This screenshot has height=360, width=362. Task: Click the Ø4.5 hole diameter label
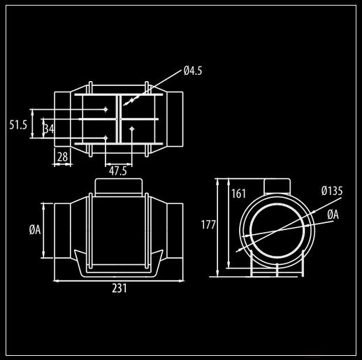(x=193, y=71)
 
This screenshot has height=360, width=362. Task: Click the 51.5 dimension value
(x=18, y=125)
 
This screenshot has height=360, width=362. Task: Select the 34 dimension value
(x=49, y=129)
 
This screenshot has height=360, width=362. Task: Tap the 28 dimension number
(x=62, y=157)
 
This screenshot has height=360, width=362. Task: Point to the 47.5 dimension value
(x=118, y=171)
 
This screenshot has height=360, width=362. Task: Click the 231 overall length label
(x=120, y=288)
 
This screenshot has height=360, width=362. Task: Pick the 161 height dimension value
(x=238, y=194)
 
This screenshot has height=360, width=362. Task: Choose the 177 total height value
(x=208, y=225)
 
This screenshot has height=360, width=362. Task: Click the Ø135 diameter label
(x=332, y=191)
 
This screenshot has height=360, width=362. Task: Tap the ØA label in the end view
(x=333, y=215)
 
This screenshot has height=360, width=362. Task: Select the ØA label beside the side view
(x=35, y=230)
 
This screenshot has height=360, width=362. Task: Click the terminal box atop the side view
(x=119, y=187)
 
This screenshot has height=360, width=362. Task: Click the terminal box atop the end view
(x=277, y=186)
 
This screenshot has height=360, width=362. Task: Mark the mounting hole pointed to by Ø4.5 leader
(x=132, y=101)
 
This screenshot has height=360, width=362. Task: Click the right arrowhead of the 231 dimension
(x=181, y=281)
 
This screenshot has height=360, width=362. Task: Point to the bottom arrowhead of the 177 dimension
(x=217, y=274)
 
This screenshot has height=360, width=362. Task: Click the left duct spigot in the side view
(x=62, y=231)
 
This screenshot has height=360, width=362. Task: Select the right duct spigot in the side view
(x=175, y=231)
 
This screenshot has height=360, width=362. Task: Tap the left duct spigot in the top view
(x=62, y=120)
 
